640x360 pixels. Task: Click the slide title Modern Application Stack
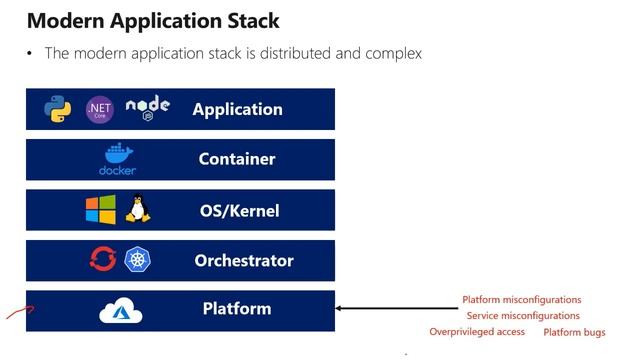point(153,20)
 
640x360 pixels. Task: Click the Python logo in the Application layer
point(58,109)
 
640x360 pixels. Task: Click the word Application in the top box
point(237,110)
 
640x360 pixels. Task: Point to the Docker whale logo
point(117,159)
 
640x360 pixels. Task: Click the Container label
point(237,159)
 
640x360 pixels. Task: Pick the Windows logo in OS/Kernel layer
point(100,210)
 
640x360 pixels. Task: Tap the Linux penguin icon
point(138,210)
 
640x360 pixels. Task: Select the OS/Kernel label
point(239,211)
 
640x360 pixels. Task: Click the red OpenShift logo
point(102,260)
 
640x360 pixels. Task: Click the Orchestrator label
point(244,261)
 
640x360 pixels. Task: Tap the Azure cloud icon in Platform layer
point(121,311)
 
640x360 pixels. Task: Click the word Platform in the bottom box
point(237,309)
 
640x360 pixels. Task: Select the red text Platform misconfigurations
point(521,300)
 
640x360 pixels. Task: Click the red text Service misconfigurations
point(523,316)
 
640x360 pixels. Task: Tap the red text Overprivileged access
point(477,332)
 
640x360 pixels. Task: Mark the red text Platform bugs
point(574,332)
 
